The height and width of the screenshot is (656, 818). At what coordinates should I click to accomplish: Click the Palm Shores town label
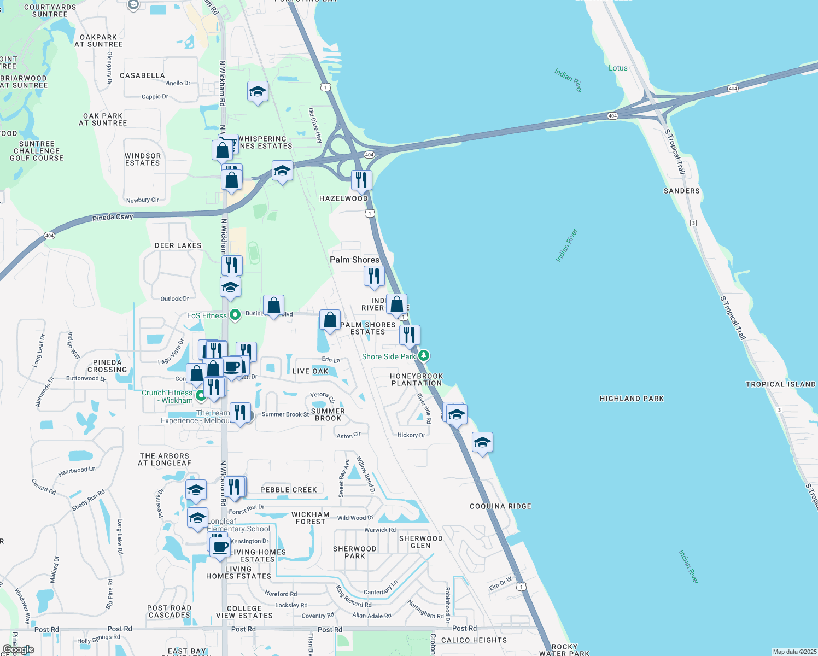click(x=354, y=260)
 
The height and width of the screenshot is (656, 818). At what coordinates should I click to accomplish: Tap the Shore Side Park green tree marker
click(x=423, y=356)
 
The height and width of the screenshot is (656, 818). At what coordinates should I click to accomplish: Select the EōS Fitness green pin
click(x=235, y=315)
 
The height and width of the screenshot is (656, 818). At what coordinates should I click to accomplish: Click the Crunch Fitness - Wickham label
click(x=167, y=396)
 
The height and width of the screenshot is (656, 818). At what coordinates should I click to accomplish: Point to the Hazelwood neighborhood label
click(x=343, y=198)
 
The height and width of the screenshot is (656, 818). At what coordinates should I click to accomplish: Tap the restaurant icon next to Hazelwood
click(x=361, y=180)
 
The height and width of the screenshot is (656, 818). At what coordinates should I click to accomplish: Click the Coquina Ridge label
click(x=500, y=506)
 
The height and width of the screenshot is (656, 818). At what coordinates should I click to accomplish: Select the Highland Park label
click(x=632, y=399)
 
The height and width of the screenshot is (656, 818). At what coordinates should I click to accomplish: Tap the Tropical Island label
click(x=780, y=384)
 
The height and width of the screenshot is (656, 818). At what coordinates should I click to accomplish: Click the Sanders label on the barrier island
click(x=681, y=191)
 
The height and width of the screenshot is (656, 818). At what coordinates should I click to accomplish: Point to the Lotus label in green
click(x=618, y=68)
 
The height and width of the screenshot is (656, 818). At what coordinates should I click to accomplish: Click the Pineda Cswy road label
click(x=113, y=217)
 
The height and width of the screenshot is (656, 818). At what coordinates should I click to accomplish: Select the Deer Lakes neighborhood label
click(x=178, y=245)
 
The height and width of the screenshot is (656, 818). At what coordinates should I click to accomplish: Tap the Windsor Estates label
click(x=143, y=159)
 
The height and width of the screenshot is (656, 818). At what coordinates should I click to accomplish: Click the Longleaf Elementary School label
click(x=238, y=525)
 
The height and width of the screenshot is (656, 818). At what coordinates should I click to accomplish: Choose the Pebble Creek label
click(x=288, y=490)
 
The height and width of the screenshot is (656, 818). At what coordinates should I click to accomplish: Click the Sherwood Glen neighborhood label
click(x=420, y=542)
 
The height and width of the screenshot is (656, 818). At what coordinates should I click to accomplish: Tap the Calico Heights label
click(x=474, y=640)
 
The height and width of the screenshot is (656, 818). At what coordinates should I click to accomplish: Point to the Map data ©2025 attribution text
click(x=794, y=652)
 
